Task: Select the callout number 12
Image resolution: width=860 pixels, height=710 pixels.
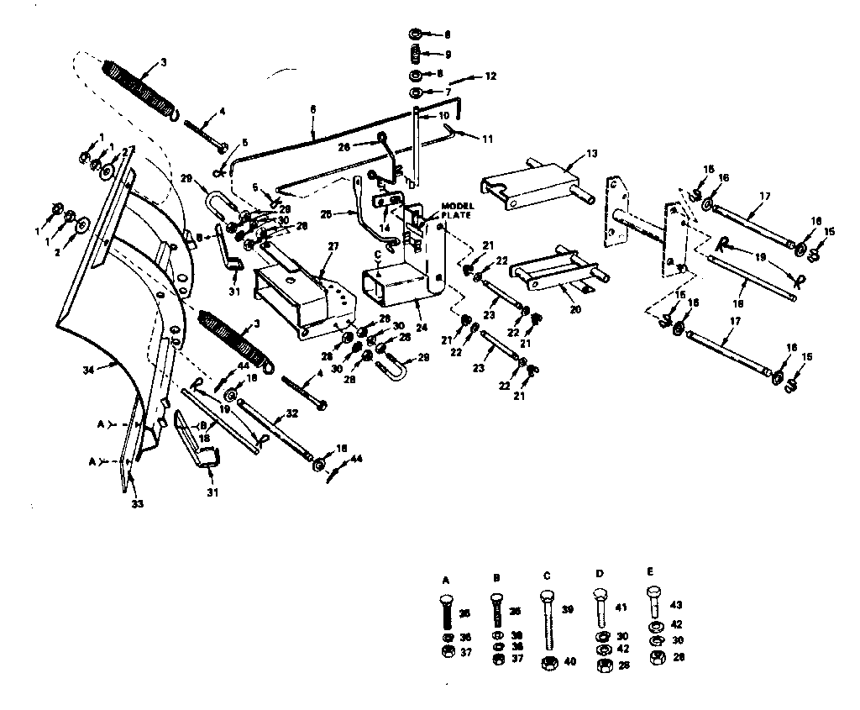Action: (490, 76)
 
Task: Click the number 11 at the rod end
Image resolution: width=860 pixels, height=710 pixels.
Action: (486, 137)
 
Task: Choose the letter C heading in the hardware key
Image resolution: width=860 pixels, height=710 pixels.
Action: (547, 576)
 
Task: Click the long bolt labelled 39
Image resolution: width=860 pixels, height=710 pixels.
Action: (548, 622)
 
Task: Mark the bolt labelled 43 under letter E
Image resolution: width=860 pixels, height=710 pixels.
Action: (655, 602)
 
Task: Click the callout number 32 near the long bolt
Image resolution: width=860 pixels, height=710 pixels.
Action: (292, 413)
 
